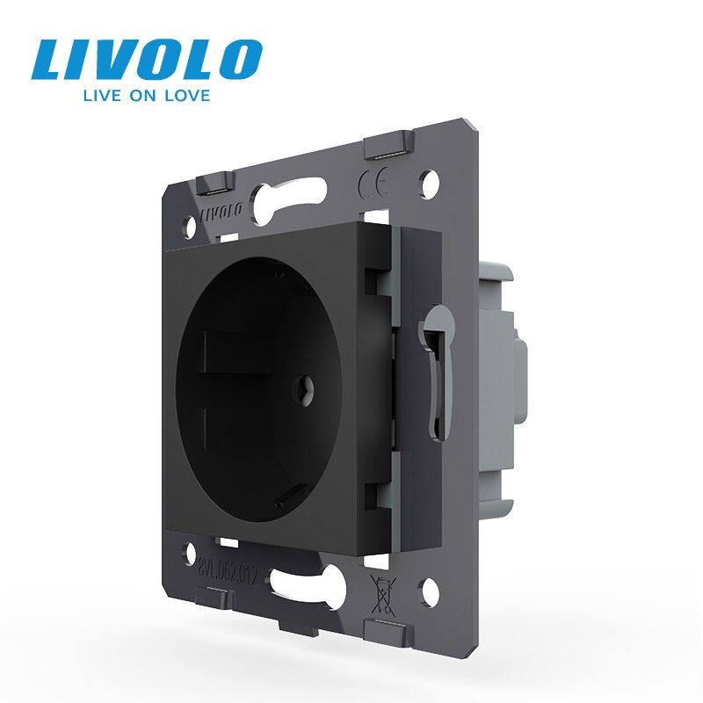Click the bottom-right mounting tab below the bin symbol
click(383, 627)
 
